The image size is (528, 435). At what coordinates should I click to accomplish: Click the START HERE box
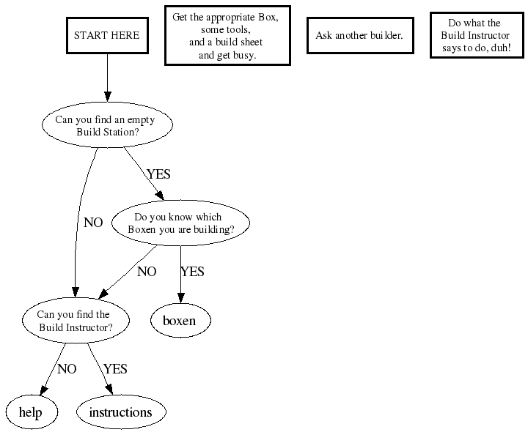[x=107, y=35]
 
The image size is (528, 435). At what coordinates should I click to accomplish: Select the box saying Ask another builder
[x=359, y=35]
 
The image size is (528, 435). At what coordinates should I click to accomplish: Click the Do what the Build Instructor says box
[x=474, y=35]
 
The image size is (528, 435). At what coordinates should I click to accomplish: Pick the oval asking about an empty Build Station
[x=108, y=126]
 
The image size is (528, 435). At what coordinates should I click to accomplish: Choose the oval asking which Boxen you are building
[x=181, y=223]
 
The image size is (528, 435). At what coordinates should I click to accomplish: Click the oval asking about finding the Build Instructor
[x=75, y=321]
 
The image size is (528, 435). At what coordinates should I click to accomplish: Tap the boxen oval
[x=180, y=321]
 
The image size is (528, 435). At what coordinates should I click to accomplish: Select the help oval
[x=30, y=412]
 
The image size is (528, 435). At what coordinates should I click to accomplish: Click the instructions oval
[x=120, y=412]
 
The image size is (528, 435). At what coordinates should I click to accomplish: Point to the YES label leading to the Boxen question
[x=158, y=174]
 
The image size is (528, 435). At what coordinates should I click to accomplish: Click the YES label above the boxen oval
[x=192, y=272]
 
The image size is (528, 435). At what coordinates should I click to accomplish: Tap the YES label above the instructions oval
[x=116, y=369]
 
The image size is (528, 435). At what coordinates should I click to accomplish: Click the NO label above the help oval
[x=67, y=369]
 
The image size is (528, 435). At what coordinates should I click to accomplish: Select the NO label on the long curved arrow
[x=93, y=223]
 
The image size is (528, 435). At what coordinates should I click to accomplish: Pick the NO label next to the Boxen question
[x=147, y=272]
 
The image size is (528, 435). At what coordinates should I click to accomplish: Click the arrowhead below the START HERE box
[x=108, y=97]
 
